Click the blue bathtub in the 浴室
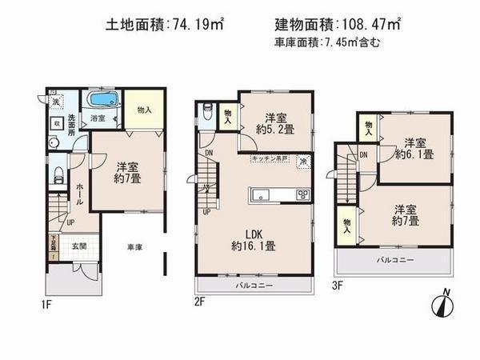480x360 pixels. tap(102, 100)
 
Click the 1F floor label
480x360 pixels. tap(47, 302)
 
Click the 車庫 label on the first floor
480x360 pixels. tap(134, 248)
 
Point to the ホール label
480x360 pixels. tap(79, 192)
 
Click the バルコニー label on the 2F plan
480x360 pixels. tap(254, 286)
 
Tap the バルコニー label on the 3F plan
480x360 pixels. tap(396, 261)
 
